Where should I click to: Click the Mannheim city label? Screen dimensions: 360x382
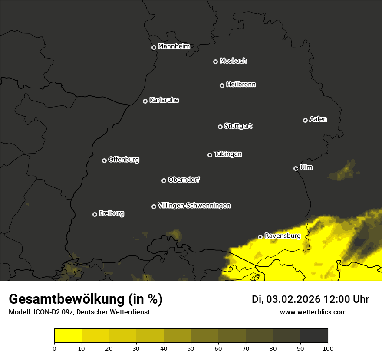(x=174, y=46)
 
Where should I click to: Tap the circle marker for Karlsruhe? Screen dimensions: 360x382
(x=145, y=101)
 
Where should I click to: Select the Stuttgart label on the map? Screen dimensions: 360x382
(x=238, y=126)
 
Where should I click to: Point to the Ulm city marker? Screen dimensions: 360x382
(x=296, y=168)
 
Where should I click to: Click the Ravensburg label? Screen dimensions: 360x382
(x=282, y=236)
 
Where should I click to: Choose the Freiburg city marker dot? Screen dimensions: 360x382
(x=95, y=214)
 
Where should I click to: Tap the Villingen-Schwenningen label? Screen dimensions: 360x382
(x=194, y=206)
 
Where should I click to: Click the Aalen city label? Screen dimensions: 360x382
(x=318, y=119)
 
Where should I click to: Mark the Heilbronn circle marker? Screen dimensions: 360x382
(x=222, y=85)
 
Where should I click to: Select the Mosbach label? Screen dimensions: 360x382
(x=233, y=61)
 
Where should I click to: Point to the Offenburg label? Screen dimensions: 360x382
(x=124, y=160)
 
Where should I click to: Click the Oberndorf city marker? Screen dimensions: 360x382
(x=164, y=180)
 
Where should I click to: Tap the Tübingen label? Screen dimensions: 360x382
(x=228, y=154)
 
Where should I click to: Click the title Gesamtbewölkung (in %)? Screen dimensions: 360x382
(x=86, y=299)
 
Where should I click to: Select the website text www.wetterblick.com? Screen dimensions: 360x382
(x=313, y=312)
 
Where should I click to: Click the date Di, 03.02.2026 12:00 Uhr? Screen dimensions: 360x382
(x=310, y=299)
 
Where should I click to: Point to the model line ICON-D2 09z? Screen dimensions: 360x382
(x=79, y=312)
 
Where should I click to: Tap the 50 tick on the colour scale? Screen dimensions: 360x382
(x=191, y=348)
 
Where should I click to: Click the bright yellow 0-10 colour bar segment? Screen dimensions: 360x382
(x=68, y=336)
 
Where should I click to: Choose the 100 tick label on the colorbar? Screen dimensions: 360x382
(x=328, y=348)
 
